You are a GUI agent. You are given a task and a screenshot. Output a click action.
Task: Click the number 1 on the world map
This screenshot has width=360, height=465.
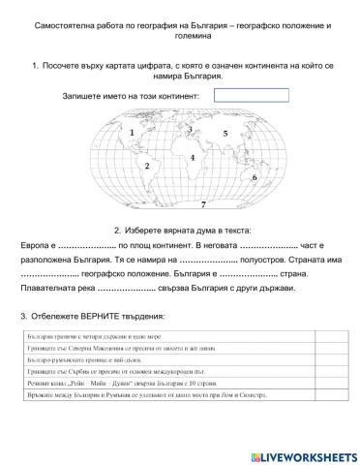(x=132, y=130)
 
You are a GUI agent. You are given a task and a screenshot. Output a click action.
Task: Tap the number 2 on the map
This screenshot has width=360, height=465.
(x=146, y=166)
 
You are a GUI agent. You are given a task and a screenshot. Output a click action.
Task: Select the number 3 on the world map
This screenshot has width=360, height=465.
(x=190, y=129)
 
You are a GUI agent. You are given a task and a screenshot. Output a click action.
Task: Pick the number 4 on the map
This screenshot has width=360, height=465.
(x=193, y=157)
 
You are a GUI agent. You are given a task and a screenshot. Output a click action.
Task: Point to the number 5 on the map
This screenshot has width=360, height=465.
(x=225, y=133)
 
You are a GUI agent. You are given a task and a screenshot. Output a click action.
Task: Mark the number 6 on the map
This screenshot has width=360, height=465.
(x=254, y=177)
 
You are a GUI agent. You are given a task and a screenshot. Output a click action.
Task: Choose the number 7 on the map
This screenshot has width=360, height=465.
(x=202, y=205)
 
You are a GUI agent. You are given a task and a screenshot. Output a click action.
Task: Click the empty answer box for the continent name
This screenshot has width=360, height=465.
(x=251, y=96)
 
